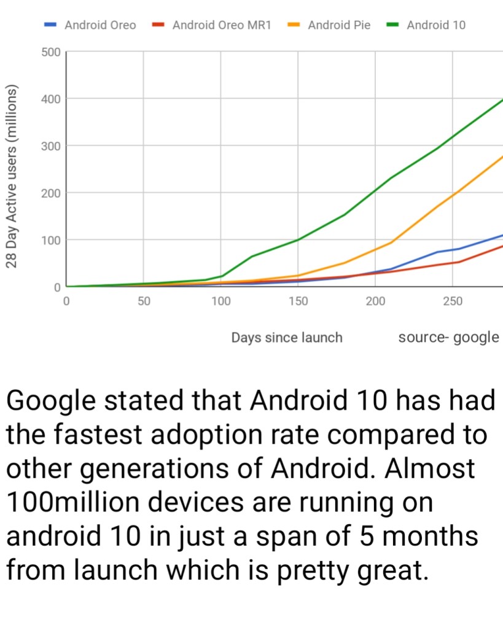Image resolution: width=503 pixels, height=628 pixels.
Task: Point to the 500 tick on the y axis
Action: (52, 52)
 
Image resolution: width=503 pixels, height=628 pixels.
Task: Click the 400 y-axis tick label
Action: (52, 99)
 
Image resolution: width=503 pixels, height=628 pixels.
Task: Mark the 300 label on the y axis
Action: (52, 146)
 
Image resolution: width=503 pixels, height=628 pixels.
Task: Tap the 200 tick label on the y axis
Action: (52, 193)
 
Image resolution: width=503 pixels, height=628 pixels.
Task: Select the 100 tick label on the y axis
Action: (52, 240)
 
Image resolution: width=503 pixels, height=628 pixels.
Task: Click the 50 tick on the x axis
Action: (144, 301)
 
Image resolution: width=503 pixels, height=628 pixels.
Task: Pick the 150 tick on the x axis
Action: (298, 301)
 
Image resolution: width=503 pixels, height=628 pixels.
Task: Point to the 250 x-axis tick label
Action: (452, 301)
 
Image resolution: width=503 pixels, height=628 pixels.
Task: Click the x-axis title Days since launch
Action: (287, 337)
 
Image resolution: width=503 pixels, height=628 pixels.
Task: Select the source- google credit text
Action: (448, 337)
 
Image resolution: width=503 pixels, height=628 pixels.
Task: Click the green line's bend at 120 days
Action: (252, 256)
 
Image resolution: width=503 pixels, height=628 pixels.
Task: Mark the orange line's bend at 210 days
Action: (391, 242)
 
